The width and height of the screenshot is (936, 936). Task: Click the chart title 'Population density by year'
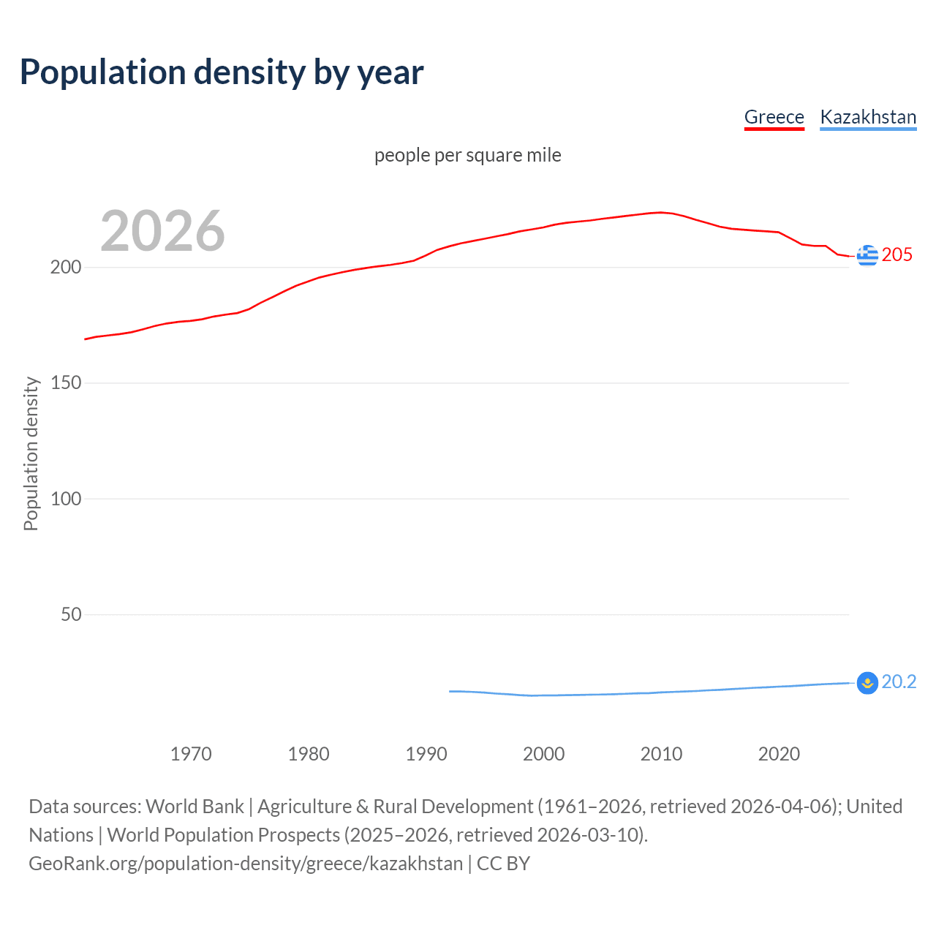(222, 72)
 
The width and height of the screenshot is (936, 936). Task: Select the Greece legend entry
(774, 117)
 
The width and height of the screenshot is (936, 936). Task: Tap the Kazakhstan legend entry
(868, 117)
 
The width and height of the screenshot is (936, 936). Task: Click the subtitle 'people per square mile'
(467, 155)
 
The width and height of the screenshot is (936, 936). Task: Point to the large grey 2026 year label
(162, 231)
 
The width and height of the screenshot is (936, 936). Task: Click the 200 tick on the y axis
(66, 267)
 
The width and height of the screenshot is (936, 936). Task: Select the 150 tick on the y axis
(66, 383)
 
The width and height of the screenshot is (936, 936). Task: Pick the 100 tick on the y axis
(66, 499)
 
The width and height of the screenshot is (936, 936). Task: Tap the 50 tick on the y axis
(71, 614)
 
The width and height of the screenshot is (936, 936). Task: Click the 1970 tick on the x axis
(191, 754)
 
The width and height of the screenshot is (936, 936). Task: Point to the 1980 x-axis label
(309, 754)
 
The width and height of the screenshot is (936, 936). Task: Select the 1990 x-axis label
(426, 754)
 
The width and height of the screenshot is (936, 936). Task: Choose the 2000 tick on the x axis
(544, 754)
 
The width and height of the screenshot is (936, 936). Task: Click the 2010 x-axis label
(661, 754)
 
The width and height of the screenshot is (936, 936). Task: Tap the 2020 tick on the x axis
(779, 754)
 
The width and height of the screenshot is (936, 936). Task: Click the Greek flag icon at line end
(867, 255)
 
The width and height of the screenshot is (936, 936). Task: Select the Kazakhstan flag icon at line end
(867, 683)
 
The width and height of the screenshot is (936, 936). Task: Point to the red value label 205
(897, 255)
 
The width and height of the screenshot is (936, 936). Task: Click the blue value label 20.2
(899, 682)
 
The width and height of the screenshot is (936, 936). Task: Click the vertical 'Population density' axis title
(31, 453)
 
